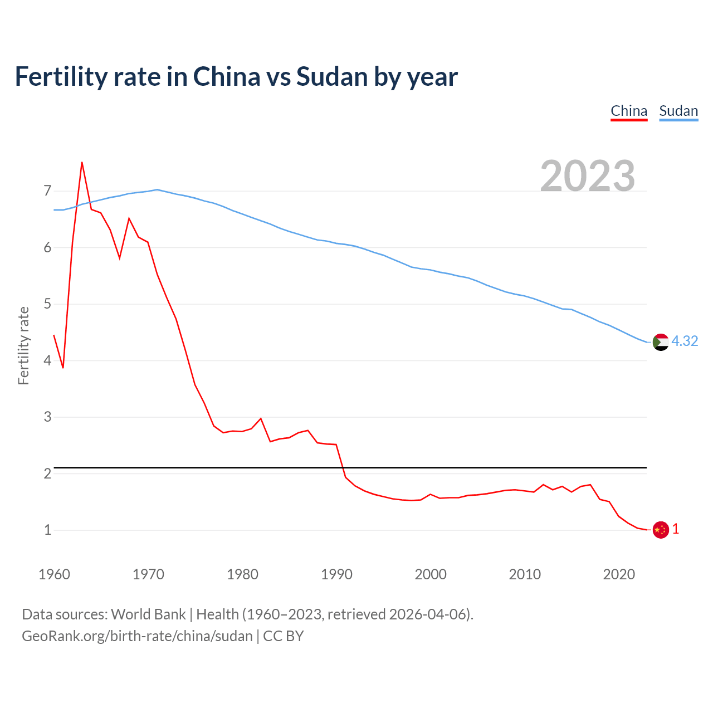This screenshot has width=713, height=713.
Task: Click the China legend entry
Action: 629,111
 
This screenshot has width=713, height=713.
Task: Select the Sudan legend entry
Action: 678,111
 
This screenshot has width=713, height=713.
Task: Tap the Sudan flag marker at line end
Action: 660,342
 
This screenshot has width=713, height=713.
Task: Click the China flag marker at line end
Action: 660,530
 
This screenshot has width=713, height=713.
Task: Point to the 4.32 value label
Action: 685,341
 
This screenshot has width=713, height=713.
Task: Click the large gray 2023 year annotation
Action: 587,176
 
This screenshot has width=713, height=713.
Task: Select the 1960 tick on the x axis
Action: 54,574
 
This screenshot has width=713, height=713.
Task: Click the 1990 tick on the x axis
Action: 336,574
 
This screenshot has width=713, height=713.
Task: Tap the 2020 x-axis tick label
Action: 619,574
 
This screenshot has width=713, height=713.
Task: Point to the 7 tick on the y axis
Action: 47,191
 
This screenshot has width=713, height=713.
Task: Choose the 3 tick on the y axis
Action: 47,417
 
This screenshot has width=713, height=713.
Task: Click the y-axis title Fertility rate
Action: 23,345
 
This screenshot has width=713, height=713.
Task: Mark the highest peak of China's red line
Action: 82,163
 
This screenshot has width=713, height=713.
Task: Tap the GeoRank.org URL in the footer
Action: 137,636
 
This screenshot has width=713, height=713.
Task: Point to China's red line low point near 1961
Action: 63,368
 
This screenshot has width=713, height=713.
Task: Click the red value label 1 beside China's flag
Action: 676,529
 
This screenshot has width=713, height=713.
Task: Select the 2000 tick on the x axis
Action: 431,574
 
